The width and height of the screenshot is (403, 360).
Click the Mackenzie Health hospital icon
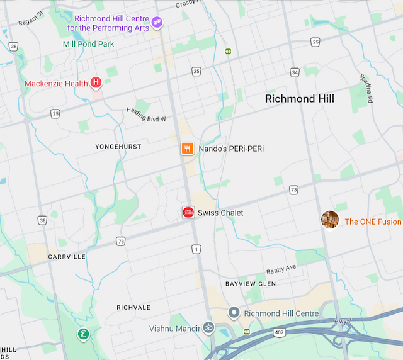[96, 82]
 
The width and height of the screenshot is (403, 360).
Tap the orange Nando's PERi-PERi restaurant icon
[187, 149]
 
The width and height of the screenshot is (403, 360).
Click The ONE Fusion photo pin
[330, 220]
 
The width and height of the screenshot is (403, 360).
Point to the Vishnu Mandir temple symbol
[208, 327]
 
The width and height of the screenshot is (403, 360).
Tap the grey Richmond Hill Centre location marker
[234, 313]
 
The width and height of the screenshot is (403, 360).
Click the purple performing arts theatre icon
[157, 23]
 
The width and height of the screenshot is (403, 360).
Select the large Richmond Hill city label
[300, 99]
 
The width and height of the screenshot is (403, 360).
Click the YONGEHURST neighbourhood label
[118, 147]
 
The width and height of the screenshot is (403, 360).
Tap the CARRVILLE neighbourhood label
[67, 257]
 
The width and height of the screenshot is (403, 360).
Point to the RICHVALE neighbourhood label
[133, 307]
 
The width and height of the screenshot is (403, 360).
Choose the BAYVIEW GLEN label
[251, 284]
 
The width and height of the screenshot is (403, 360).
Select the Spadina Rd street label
[365, 87]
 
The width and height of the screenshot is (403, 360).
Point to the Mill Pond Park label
[89, 44]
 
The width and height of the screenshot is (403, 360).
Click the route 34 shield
[295, 72]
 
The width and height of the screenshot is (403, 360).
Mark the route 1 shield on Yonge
[197, 250]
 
